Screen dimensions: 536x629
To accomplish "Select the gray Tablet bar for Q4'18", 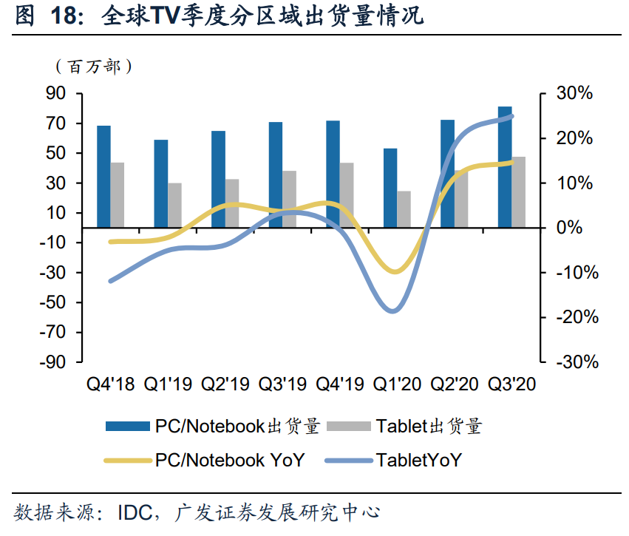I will [117, 195].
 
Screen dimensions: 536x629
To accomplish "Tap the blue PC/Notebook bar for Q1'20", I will [390, 188].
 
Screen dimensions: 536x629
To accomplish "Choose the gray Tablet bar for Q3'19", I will [289, 199].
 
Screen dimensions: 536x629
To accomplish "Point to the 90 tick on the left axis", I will [56, 94].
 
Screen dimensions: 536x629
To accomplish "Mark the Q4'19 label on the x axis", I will [340, 384].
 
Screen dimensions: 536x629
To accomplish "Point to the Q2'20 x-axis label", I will [455, 384].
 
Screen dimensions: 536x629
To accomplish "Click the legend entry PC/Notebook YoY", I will [229, 460].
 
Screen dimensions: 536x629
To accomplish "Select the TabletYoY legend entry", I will [418, 460].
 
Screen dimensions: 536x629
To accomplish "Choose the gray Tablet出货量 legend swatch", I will [347, 427].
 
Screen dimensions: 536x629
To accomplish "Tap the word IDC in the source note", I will [142, 512].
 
